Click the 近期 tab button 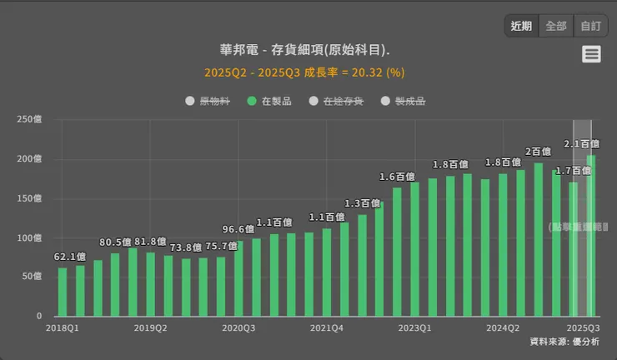521,26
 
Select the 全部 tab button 556,26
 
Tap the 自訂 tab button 590,26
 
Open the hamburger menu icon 591,54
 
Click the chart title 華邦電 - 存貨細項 304,51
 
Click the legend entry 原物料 208,101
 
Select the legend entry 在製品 269,101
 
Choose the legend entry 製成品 403,101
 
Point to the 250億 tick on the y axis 29,119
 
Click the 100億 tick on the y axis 29,238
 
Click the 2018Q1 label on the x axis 63,328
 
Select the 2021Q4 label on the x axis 327,328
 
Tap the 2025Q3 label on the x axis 584,328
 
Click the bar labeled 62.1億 63,292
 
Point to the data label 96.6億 238,229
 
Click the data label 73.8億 186,247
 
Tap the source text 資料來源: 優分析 564,342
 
